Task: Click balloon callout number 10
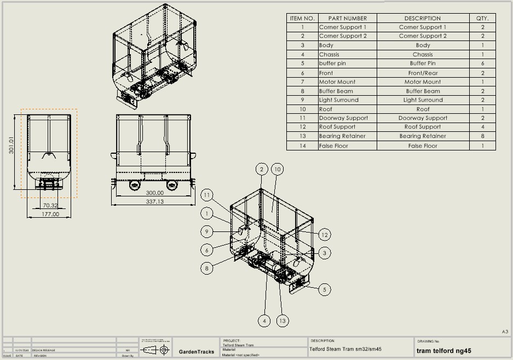coord(277,170)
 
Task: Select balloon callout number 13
coord(283,321)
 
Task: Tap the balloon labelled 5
coord(325,289)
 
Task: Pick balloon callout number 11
coord(207,195)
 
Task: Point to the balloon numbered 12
coord(325,235)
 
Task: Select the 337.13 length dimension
coord(155,201)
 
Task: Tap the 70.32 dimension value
coord(50,205)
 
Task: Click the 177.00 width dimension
coord(50,214)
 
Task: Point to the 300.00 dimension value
coord(155,193)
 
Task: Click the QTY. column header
coord(482,18)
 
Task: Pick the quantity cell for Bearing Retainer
coord(482,136)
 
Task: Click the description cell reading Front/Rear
coord(423,73)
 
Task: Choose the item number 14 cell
coord(302,146)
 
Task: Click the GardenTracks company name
coord(197,351)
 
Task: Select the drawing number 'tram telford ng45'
coord(444,351)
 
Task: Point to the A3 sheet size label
coord(505,332)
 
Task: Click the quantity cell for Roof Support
coord(482,127)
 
